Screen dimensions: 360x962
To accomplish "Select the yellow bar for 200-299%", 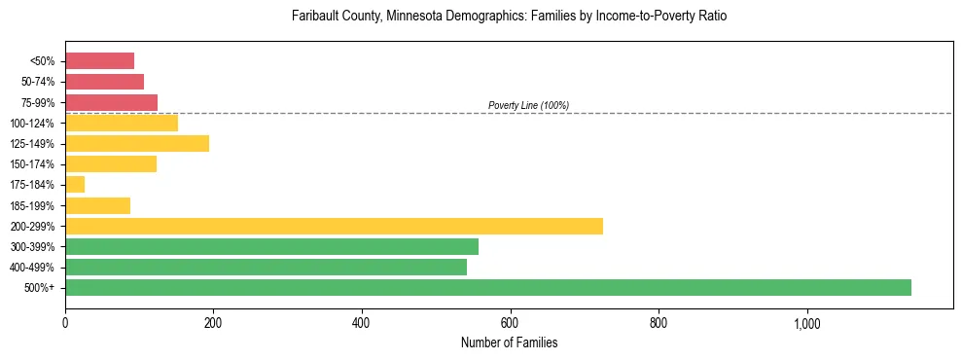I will [x=334, y=226].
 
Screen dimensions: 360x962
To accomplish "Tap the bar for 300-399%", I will [x=271, y=246].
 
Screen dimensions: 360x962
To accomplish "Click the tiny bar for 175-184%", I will [x=75, y=184].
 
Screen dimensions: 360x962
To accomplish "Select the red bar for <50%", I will [x=99, y=60].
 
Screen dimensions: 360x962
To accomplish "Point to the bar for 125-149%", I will [x=137, y=143].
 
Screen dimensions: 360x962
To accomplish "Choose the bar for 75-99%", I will [x=111, y=102].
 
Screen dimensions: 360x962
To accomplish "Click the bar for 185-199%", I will [x=97, y=205].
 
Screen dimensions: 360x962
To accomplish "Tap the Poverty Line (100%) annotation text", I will [x=528, y=105].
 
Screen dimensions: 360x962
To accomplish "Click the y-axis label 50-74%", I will [x=38, y=82].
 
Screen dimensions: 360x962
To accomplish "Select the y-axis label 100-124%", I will [x=35, y=123].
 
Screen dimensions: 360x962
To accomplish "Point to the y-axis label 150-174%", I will [x=35, y=164].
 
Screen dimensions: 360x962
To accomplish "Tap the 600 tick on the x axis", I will [x=511, y=324].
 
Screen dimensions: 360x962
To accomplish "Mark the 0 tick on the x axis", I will [x=65, y=324].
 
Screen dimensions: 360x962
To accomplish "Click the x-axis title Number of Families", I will [x=509, y=343].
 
